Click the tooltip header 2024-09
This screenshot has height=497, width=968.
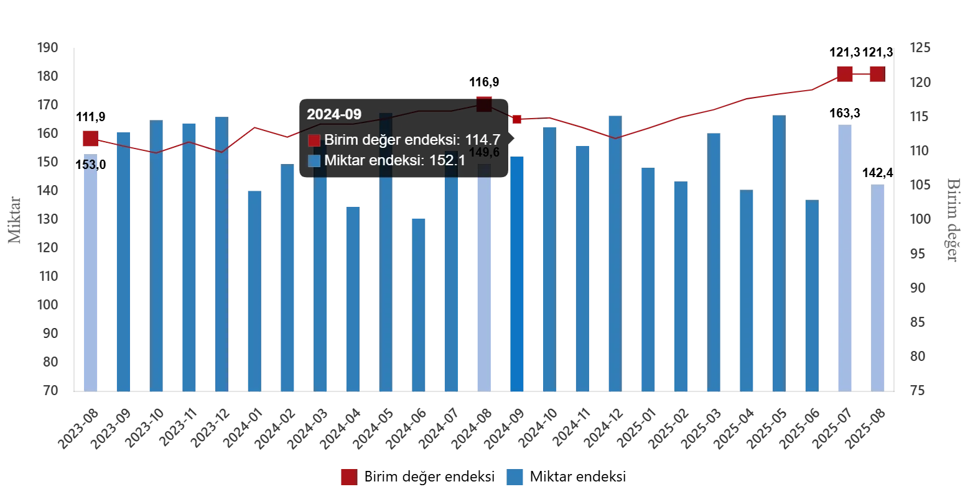[333, 114]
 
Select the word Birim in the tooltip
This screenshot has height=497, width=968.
[340, 140]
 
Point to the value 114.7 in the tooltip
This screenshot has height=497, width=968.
[483, 140]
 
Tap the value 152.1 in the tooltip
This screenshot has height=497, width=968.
[447, 160]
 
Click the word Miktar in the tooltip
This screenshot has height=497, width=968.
[343, 160]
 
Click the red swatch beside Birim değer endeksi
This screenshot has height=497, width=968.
[314, 140]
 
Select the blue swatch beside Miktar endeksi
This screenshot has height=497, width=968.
[314, 160]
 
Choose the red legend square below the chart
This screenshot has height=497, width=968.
[348, 476]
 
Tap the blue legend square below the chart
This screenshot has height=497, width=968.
[515, 476]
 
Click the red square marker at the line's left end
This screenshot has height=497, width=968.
[90, 138]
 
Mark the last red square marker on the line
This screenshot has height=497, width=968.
[877, 74]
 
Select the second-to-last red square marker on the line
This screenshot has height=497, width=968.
[845, 74]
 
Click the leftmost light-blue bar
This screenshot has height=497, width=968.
[90, 273]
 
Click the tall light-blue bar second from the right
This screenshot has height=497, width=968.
[845, 258]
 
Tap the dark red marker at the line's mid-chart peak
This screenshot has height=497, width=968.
[484, 103]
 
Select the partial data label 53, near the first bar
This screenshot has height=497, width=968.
[89, 165]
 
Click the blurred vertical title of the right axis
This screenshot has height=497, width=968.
[953, 217]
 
